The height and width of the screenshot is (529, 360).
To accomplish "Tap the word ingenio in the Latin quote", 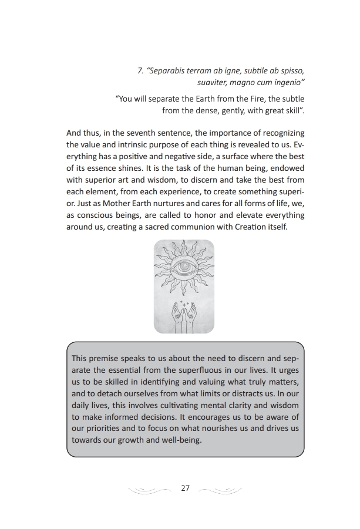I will (286, 82).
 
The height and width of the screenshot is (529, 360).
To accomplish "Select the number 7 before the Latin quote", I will (140, 71).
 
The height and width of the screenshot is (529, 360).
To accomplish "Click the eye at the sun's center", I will (183, 268).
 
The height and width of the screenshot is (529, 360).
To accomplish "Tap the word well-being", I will (181, 440).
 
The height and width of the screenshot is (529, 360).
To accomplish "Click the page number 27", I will (186, 488).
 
